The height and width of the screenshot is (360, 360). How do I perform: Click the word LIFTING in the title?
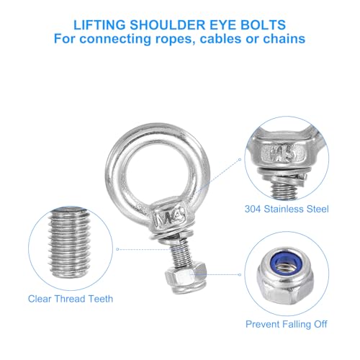[x=99, y=25]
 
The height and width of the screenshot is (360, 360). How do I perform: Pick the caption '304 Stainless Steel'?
[x=287, y=209]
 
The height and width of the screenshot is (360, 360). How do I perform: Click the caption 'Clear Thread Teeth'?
[x=71, y=299]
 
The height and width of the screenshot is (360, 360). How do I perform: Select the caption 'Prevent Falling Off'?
[x=287, y=324]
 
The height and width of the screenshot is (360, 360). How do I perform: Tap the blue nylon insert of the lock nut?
[x=286, y=262]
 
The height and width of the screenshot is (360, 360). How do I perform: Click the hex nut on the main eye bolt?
[x=186, y=277]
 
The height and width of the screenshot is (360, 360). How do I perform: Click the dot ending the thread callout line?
[x=117, y=249]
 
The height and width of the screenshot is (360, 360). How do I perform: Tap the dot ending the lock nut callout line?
[x=240, y=274]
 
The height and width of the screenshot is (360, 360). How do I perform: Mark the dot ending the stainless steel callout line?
[x=240, y=159]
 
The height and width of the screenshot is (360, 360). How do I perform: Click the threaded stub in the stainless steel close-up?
[x=284, y=189]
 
